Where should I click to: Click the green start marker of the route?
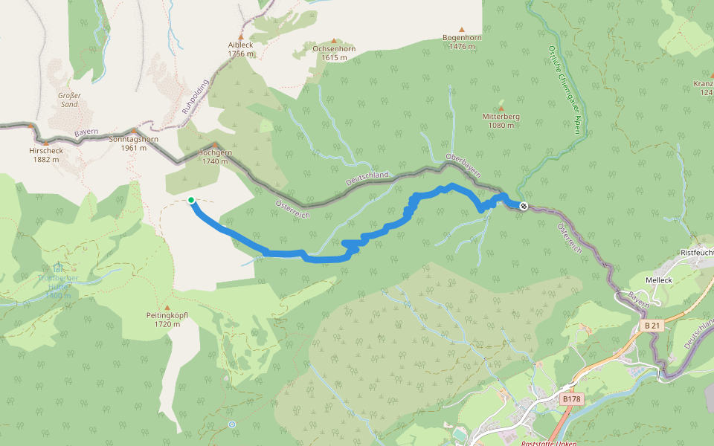pos(191,200)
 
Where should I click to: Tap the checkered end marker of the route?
pos(524,206)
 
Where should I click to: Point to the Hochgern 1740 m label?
pos(215,156)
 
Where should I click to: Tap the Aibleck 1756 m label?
pos(240,49)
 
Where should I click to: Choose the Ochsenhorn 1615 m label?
pos(334,53)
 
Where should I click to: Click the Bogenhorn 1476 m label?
pos(463,42)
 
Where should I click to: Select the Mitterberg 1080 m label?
pos(501,121)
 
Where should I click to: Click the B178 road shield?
pos(570,399)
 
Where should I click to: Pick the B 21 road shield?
pos(652,326)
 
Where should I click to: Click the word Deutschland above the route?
pos(367,179)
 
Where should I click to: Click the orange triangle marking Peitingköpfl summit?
pos(167,308)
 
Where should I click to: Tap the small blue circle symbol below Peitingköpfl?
pos(232,424)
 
